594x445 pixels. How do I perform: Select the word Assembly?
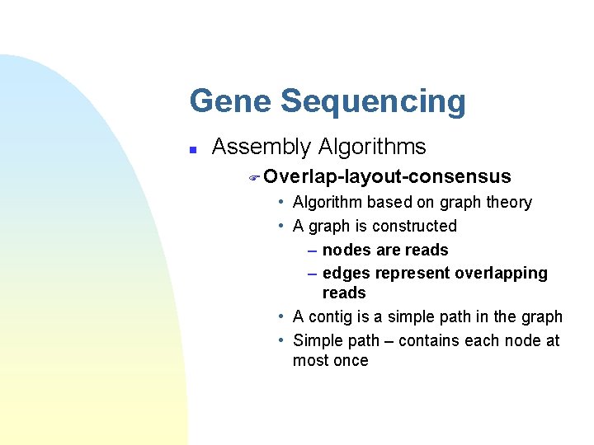[x=259, y=148]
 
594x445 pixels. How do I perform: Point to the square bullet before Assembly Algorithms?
[x=192, y=150]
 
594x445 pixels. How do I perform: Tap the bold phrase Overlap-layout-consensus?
[x=388, y=176]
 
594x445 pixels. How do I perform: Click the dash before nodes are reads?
[x=313, y=251]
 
